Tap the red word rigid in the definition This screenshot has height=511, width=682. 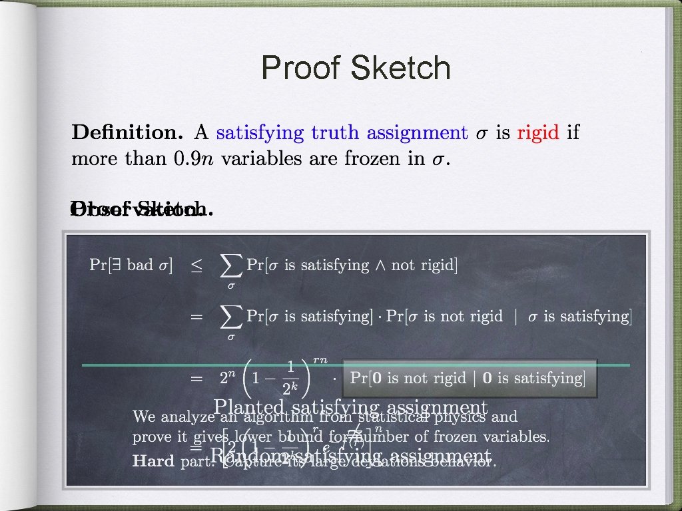point(538,132)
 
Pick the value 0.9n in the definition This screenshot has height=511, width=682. point(196,160)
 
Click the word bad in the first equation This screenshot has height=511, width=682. point(140,265)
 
